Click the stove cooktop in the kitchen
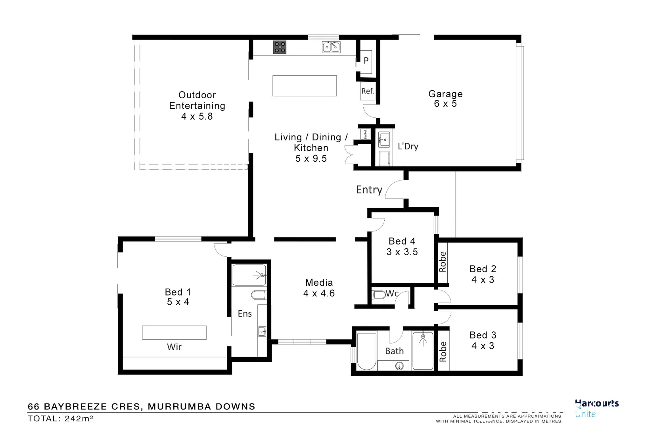tap(280, 47)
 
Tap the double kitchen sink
tap(331, 47)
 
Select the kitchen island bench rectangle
tap(304, 86)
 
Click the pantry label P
tap(366, 61)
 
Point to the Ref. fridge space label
tap(368, 91)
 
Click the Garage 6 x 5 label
tap(445, 99)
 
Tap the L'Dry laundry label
tap(408, 146)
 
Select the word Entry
tap(369, 190)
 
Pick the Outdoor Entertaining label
tap(197, 105)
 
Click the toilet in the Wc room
tap(379, 294)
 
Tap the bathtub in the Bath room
tap(366, 351)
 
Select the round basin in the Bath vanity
tap(399, 365)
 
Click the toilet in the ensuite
tap(259, 295)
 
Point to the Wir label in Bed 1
tap(174, 347)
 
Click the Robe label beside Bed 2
tap(443, 262)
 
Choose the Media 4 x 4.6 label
tap(319, 288)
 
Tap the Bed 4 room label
tap(402, 246)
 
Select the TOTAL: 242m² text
tap(60, 418)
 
